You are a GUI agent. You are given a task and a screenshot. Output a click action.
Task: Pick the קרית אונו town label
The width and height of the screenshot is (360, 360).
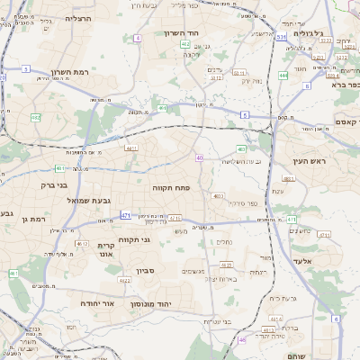click(105, 250)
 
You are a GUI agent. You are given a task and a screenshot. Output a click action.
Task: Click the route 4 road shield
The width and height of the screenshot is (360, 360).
click(138, 39)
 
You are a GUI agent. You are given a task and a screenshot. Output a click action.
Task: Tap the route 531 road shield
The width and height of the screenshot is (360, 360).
click(282, 38)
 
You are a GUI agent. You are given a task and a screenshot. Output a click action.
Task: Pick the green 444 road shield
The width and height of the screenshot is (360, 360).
click(283, 76)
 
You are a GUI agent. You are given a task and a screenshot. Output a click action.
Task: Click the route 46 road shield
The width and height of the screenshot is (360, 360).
click(241, 339)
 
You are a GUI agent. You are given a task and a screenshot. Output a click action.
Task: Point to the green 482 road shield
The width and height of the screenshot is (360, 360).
click(184, 44)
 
